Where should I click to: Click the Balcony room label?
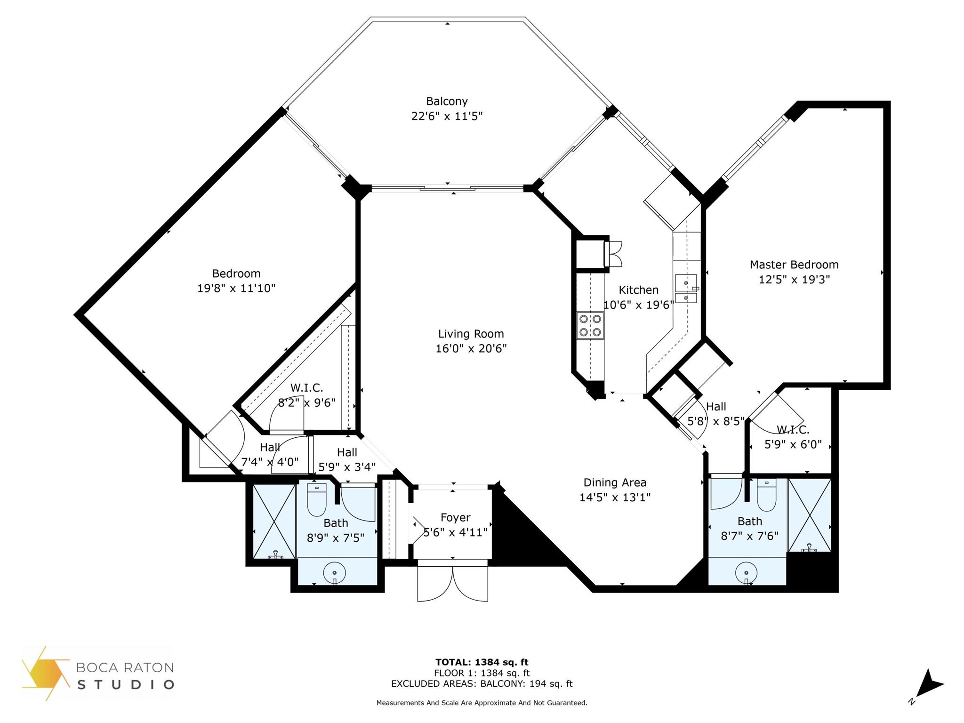[x=447, y=101]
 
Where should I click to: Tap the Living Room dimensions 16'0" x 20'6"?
[x=471, y=349]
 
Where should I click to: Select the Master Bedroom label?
[x=794, y=265]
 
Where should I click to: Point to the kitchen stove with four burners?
[x=590, y=325]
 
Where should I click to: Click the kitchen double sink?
[x=686, y=289]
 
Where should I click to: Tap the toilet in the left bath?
[x=316, y=499]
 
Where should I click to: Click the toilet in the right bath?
[x=767, y=495]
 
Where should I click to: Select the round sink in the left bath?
[x=335, y=573]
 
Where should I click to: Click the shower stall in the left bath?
[x=274, y=522]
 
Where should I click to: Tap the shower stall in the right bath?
[x=810, y=515]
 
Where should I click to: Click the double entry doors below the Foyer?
[x=453, y=582]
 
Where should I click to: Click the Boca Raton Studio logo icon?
[x=45, y=674]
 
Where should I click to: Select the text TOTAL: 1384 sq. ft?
[x=482, y=662]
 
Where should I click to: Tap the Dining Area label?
[x=615, y=482]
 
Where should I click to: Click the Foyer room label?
[x=455, y=518]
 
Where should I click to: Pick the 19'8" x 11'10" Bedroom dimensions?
[x=236, y=288]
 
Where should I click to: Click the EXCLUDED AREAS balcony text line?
[x=482, y=684]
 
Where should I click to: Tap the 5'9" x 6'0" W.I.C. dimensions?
[x=793, y=444]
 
